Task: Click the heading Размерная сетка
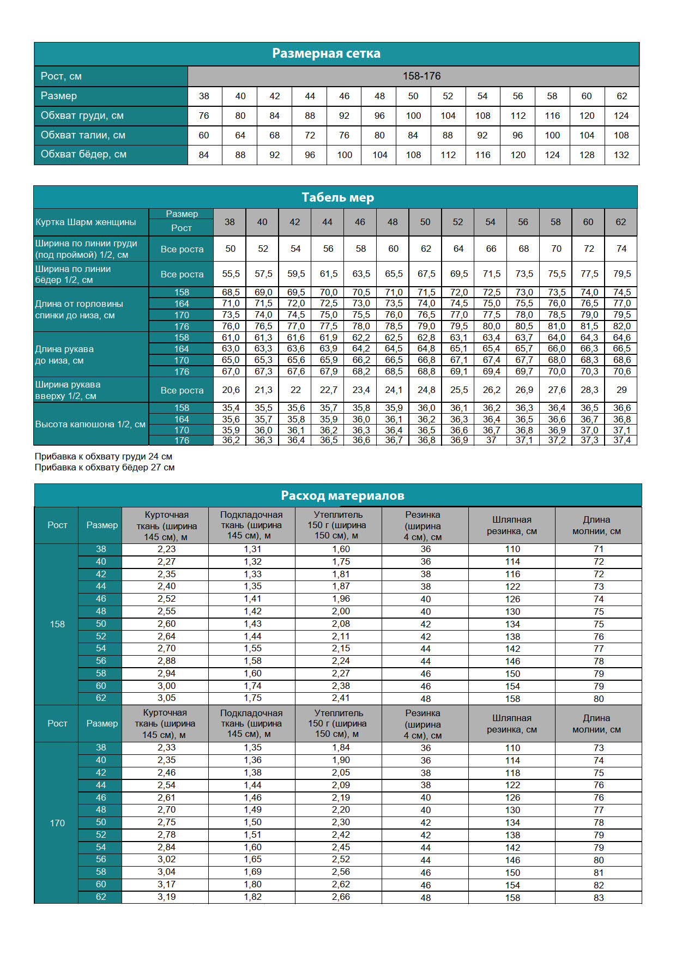[x=326, y=53]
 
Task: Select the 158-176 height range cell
[x=421, y=76]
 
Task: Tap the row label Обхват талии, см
[x=83, y=135]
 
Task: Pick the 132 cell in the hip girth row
[x=621, y=155]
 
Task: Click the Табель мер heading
[x=337, y=197]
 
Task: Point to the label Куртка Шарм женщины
[x=86, y=222]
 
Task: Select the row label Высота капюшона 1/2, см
[x=90, y=424]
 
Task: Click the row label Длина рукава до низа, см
[x=64, y=355]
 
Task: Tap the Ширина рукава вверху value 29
[x=621, y=390]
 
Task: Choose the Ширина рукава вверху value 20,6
[x=231, y=390]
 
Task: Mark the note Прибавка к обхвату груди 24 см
[x=103, y=456]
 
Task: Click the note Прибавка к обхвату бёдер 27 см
[x=105, y=468]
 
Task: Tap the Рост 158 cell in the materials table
[x=57, y=624]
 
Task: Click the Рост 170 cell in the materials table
[x=57, y=823]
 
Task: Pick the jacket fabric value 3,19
[x=166, y=897]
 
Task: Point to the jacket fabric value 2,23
[x=166, y=549]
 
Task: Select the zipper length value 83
[x=599, y=897]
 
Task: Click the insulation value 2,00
[x=341, y=612]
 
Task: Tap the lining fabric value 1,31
[x=252, y=549]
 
